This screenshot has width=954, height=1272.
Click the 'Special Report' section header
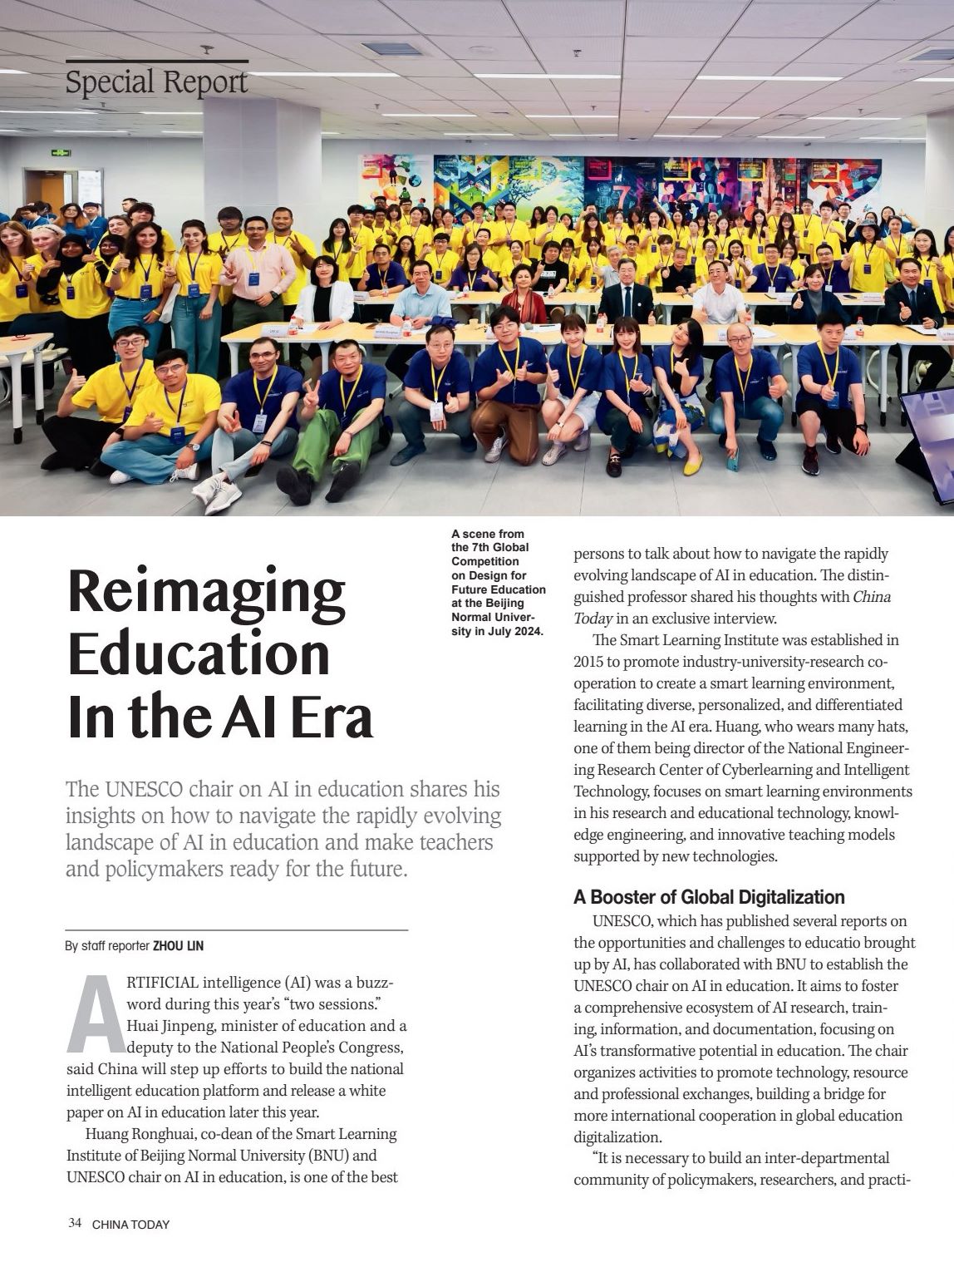[x=156, y=82]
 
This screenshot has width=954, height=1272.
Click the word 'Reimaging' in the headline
[x=206, y=591]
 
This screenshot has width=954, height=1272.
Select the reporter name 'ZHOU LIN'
[x=179, y=946]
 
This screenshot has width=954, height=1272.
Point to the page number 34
[x=75, y=1223]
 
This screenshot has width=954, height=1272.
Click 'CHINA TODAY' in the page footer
[x=130, y=1224]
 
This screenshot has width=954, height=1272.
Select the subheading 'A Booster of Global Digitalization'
[x=709, y=897]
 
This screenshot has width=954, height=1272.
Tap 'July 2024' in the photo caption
[x=511, y=631]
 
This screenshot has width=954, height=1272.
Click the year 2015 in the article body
[x=589, y=662]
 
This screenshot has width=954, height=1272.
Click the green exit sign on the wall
[x=61, y=154]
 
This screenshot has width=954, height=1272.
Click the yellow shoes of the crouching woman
[x=692, y=466]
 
